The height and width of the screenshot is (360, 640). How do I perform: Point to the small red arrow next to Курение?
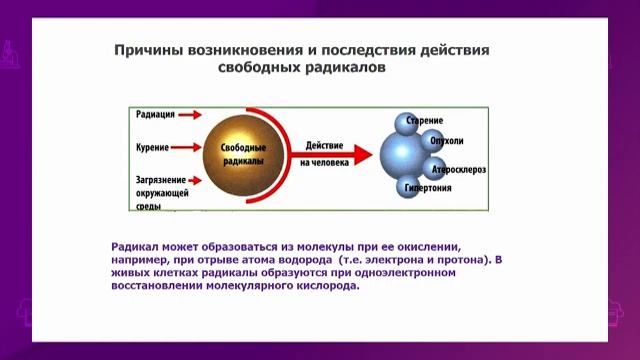tap(189, 147)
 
